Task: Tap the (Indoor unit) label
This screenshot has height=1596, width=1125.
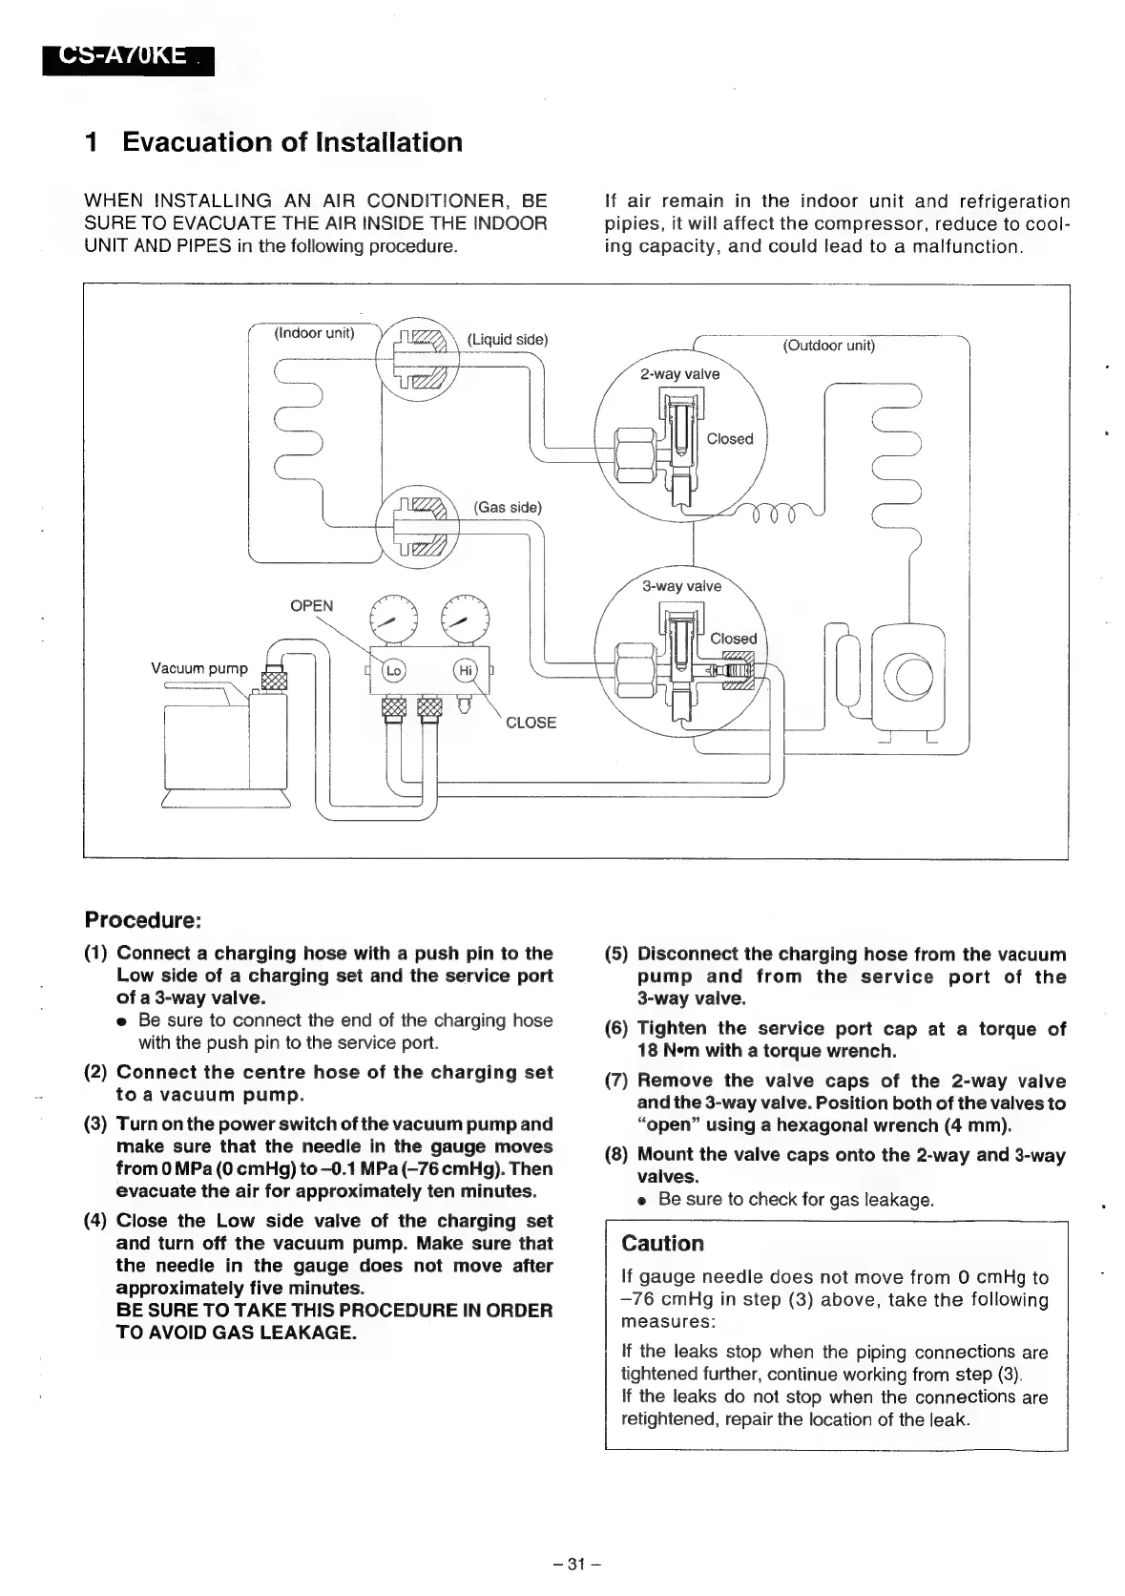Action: [314, 333]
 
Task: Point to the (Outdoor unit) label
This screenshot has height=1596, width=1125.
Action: [828, 346]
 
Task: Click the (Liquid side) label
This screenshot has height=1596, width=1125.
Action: [508, 340]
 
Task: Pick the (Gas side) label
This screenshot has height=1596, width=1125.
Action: [508, 507]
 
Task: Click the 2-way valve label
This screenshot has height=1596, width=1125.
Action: [679, 373]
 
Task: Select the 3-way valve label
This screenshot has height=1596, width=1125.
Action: [681, 586]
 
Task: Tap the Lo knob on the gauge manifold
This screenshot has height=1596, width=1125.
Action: [394, 671]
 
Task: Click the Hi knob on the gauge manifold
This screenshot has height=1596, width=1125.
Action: [466, 671]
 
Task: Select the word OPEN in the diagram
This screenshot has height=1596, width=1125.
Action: [312, 606]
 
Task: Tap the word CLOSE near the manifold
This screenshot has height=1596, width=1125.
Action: [531, 723]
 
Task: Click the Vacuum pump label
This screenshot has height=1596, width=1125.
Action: [198, 668]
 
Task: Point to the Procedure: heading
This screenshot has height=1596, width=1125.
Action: [143, 920]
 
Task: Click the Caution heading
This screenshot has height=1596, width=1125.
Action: [662, 1244]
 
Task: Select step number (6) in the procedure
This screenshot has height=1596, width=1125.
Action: [616, 1029]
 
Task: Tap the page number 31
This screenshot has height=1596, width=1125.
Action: [575, 1564]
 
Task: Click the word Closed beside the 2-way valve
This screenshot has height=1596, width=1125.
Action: [730, 439]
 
